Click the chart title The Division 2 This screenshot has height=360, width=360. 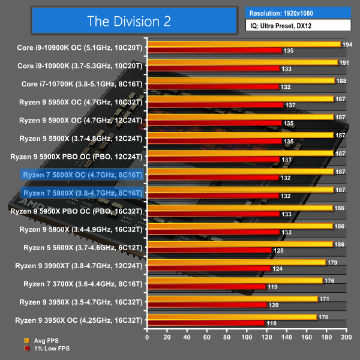[x=129, y=21]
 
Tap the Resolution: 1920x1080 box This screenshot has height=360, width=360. [x=298, y=13]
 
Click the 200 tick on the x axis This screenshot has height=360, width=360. [x=346, y=338]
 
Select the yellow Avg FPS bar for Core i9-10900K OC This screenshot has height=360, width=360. [x=243, y=44]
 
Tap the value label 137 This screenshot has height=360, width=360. [x=292, y=105]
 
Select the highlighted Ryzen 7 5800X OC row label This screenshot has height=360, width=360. [x=82, y=175]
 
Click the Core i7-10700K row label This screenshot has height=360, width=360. [x=82, y=84]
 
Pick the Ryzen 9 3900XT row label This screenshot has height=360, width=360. [x=82, y=265]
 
